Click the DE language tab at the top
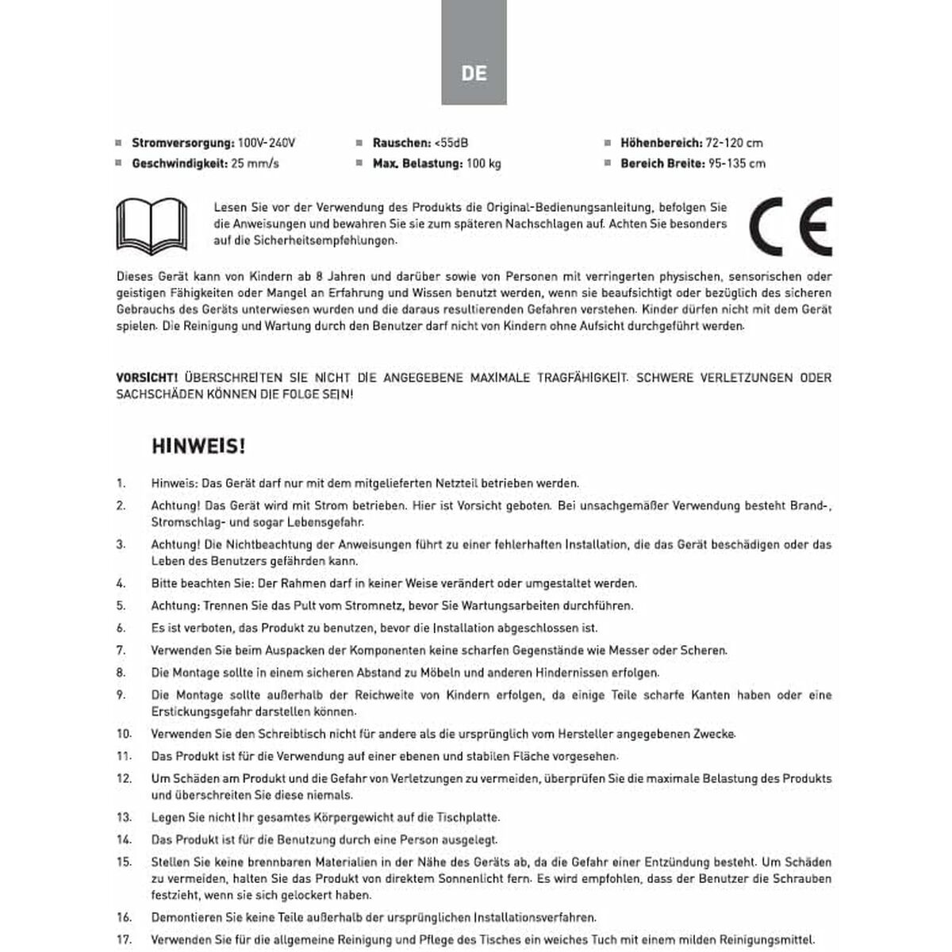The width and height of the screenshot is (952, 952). [x=474, y=73]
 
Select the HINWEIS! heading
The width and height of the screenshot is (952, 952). [x=198, y=446]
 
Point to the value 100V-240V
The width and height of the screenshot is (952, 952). [x=267, y=144]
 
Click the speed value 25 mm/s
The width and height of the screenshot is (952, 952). [x=255, y=164]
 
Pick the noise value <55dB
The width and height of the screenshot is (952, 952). [x=451, y=144]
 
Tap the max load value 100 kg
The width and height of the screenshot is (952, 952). [x=483, y=164]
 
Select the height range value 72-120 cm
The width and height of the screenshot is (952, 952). [x=734, y=144]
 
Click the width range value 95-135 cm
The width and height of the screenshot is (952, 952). [x=737, y=164]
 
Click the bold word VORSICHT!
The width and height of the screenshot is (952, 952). [x=147, y=378]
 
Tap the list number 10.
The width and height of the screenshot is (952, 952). [x=124, y=734]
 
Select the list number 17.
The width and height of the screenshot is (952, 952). [x=124, y=938]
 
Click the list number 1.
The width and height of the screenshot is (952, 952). [x=121, y=482]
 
